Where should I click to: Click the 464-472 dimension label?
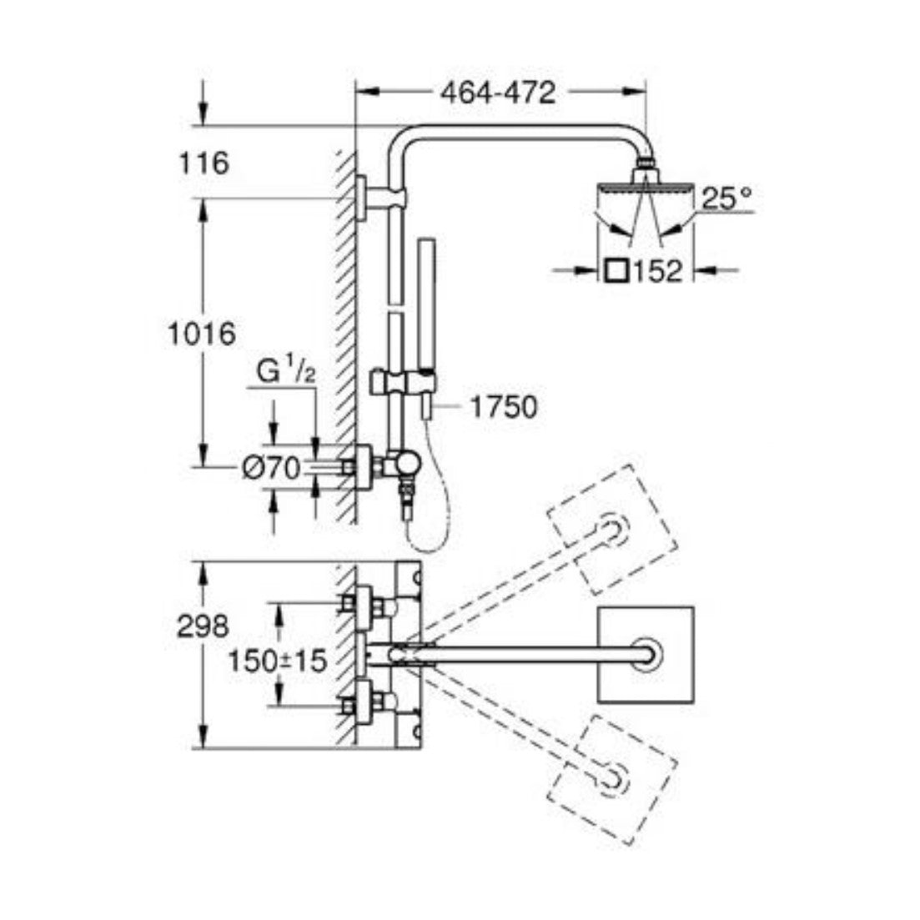[x=499, y=93]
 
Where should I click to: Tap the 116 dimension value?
[x=204, y=163]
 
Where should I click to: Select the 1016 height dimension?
[x=201, y=334]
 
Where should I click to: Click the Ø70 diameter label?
[x=270, y=469]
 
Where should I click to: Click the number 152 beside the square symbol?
[x=659, y=271]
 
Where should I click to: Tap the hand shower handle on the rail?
[x=426, y=317]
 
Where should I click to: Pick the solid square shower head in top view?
[x=646, y=655]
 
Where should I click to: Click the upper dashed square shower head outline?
[x=612, y=528]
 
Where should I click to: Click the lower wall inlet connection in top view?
[x=368, y=701]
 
